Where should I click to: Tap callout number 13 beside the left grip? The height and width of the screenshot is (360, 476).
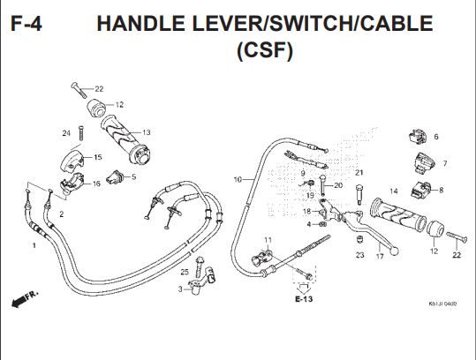coord(146,132)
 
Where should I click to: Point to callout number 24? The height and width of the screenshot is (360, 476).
coord(65,133)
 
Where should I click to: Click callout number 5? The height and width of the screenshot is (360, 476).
coord(132,177)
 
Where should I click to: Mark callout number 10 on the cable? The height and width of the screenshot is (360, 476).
coord(237,179)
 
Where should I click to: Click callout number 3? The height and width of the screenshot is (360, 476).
coord(179,289)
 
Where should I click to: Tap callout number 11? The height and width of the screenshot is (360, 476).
coord(268,240)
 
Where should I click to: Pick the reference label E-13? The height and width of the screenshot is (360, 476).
coord(305,300)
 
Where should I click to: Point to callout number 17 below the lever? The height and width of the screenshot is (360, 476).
coord(379,257)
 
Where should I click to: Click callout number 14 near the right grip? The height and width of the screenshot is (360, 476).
coord(394,191)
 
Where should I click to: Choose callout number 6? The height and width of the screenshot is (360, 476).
coord(434,138)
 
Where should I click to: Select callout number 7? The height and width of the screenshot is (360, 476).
coord(444,163)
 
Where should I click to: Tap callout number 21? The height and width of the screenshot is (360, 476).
coord(359,172)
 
